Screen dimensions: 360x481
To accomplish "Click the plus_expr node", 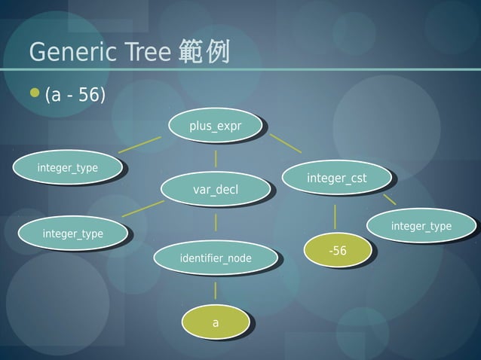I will (x=215, y=127).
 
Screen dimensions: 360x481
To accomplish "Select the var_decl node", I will (x=215, y=189).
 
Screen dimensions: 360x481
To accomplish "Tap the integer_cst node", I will (x=336, y=178).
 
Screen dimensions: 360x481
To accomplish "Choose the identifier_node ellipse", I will (x=215, y=259).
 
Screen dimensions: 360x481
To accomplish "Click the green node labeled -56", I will (x=337, y=251).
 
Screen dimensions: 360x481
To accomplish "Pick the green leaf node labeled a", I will (x=215, y=322).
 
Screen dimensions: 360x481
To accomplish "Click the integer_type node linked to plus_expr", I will (x=67, y=167).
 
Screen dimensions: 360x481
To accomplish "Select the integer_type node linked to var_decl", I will (x=72, y=234).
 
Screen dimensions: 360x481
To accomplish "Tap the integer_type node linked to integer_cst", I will (x=421, y=226).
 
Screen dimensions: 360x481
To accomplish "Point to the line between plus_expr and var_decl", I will (x=216, y=158).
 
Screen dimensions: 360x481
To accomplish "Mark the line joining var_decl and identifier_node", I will (x=216, y=222).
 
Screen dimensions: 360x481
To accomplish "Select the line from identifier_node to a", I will (x=216, y=290).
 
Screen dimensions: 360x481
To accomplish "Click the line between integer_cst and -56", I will (x=335, y=216).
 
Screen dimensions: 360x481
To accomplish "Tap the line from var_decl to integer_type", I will (x=142, y=208).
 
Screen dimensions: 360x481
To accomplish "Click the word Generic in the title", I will (x=71, y=53).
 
